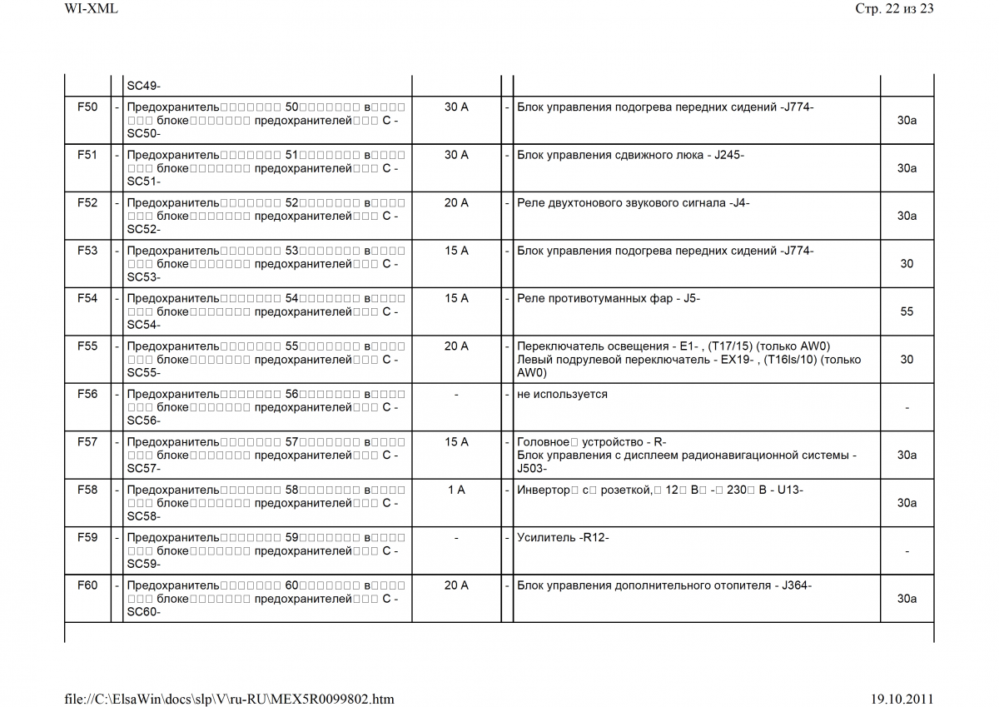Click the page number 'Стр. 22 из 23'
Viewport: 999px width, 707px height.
click(x=894, y=9)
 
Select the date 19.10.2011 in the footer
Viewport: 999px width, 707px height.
click(x=902, y=699)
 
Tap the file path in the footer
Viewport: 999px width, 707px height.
click(x=230, y=699)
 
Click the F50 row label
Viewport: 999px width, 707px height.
click(x=87, y=107)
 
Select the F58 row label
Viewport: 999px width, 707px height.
click(x=87, y=490)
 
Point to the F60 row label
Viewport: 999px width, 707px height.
click(x=87, y=586)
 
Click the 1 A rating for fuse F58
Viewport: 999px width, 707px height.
click(x=456, y=490)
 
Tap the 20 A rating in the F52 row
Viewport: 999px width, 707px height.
click(x=456, y=203)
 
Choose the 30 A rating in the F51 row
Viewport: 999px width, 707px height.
click(x=456, y=156)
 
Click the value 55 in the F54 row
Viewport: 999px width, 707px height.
click(x=907, y=312)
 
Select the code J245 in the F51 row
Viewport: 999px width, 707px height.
click(x=728, y=156)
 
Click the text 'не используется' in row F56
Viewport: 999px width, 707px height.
click(x=562, y=395)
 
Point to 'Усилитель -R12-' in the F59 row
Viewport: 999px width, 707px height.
click(x=563, y=538)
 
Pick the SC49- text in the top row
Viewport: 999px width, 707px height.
click(x=143, y=86)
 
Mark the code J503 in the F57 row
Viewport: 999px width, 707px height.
click(x=529, y=469)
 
